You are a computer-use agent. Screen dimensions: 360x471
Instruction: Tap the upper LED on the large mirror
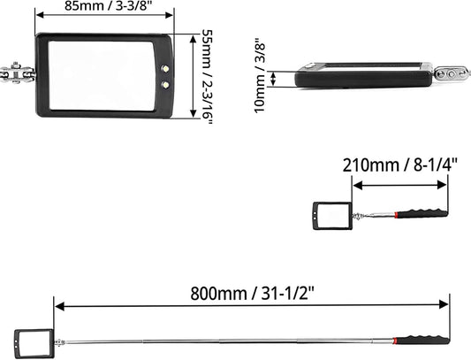point(165,69)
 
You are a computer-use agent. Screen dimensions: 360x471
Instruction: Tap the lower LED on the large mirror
point(165,85)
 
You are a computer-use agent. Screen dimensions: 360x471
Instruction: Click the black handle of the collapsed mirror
point(427,213)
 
